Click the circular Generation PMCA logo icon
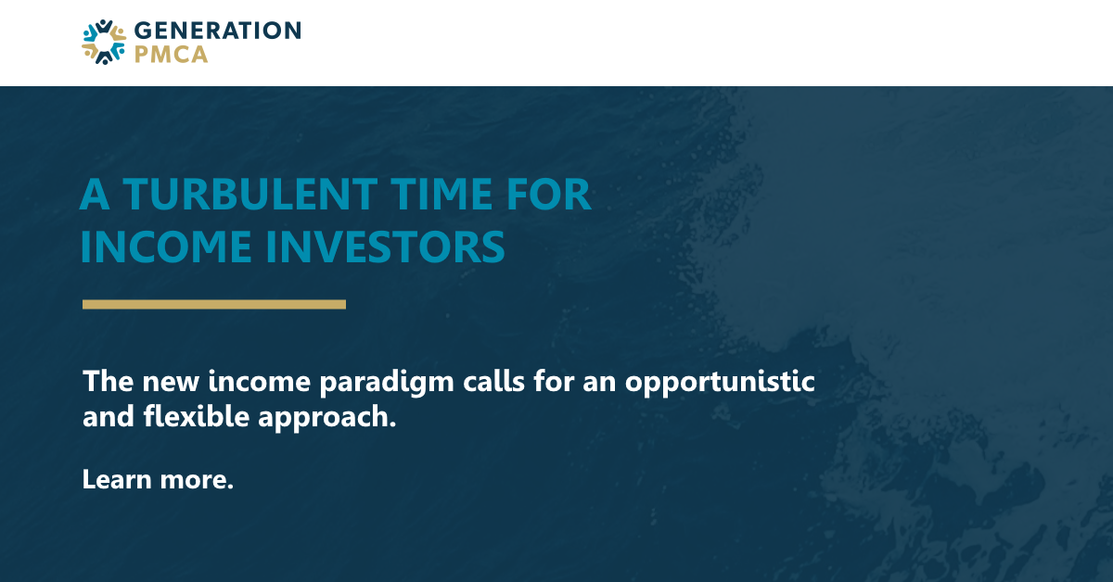point(104,43)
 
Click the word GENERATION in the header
point(218,31)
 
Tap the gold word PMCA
point(171,55)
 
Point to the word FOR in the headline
point(548,195)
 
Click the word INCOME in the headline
point(166,247)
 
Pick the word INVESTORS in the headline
point(385,247)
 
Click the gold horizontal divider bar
point(214,304)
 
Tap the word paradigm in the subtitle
point(387,383)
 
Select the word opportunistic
point(720,383)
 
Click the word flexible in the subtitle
point(197,416)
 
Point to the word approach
point(326,418)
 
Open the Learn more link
point(158,479)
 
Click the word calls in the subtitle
point(493,382)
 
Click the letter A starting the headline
point(95,195)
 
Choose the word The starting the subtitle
point(108,382)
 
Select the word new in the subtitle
point(171,384)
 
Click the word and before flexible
point(109,416)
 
